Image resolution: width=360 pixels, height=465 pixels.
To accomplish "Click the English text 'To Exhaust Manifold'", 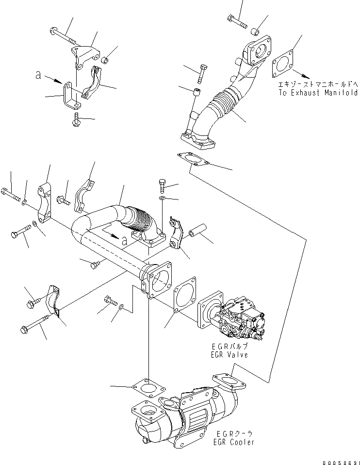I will (x=318, y=92).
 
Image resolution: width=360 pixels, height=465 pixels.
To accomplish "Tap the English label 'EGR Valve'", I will (x=229, y=355).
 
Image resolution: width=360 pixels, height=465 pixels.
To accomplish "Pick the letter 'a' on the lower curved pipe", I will (x=125, y=240).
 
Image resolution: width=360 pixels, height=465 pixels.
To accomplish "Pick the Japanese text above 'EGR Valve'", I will (x=229, y=347).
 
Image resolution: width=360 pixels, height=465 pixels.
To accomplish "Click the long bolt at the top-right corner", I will (x=237, y=21).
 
